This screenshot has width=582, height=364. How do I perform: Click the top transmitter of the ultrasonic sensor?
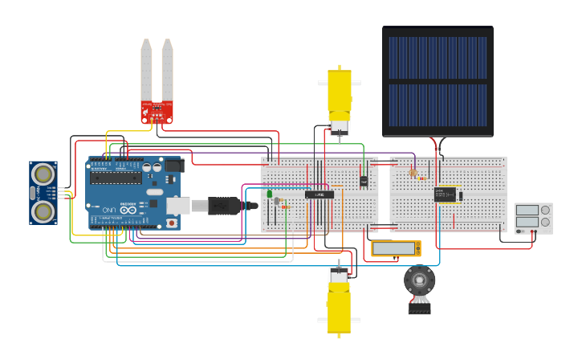[x=43, y=174]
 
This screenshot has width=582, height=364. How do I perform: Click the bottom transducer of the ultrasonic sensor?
[x=43, y=211]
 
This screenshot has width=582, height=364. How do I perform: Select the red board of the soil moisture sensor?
[x=157, y=112]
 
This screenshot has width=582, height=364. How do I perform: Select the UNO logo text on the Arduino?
[x=109, y=210]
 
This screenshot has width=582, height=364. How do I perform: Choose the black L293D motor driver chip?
[x=319, y=194]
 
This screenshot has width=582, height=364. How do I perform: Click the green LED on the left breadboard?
[x=270, y=193]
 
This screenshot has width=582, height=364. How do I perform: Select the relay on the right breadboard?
[x=445, y=194]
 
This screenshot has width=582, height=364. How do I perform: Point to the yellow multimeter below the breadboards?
[x=397, y=249]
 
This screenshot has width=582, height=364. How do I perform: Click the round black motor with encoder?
[x=419, y=280]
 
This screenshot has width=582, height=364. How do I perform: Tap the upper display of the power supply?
[x=527, y=211]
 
